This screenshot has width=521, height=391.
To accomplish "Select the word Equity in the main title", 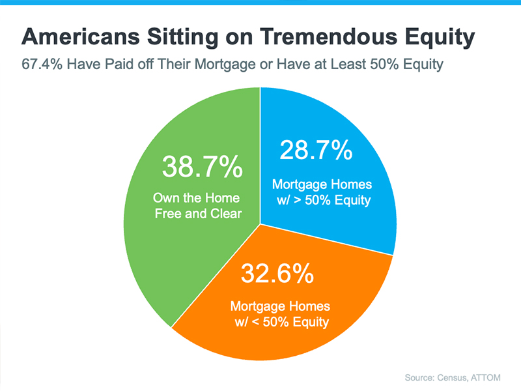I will (438, 37).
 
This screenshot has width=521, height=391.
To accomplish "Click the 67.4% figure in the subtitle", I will (41, 65).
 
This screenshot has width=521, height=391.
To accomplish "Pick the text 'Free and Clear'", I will (197, 214).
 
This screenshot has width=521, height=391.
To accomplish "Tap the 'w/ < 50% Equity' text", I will (281, 321).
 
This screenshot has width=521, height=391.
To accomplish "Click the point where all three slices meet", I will (260, 222).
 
